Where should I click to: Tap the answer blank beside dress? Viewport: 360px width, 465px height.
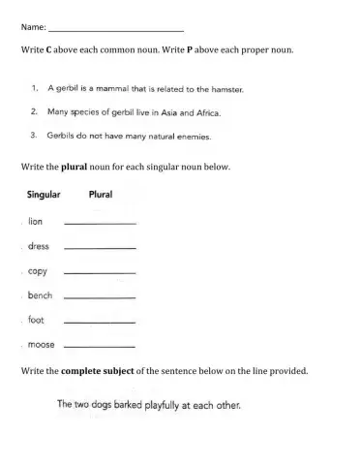click(98, 248)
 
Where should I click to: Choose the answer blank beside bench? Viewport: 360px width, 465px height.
click(98, 297)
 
